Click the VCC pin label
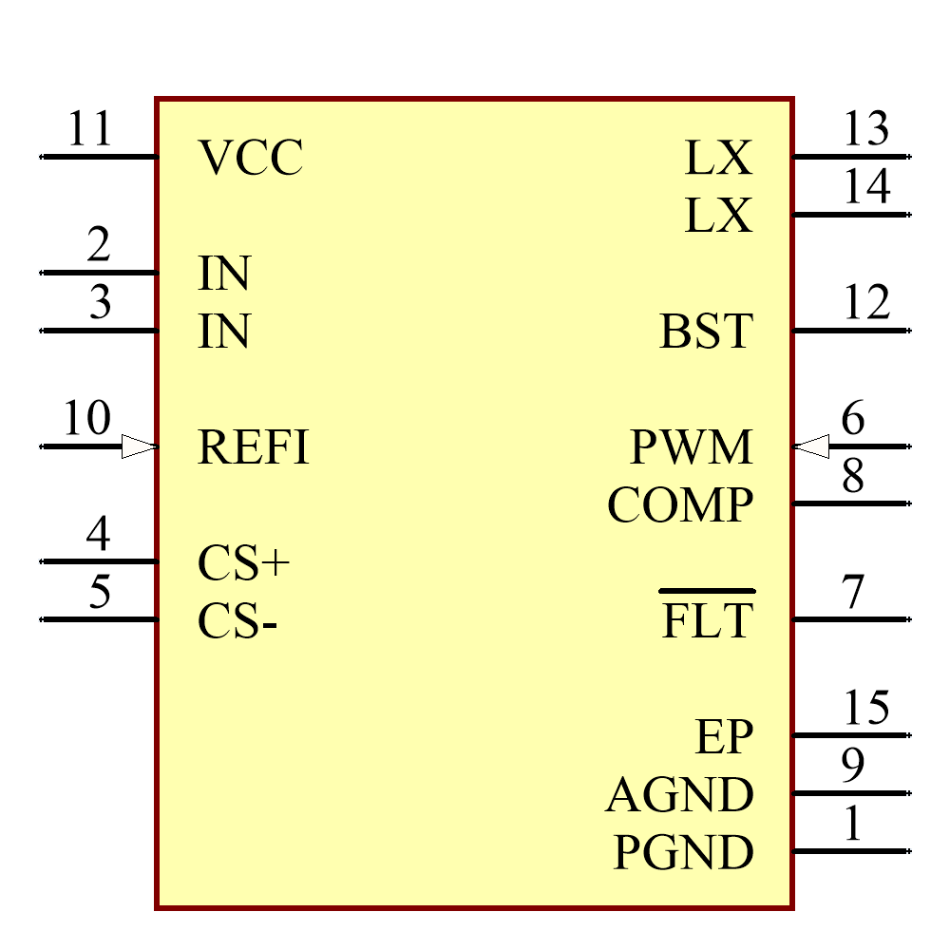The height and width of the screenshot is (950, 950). pyautogui.click(x=251, y=159)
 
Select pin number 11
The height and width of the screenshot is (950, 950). pyautogui.click(x=90, y=129)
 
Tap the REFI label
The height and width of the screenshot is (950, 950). pyautogui.click(x=254, y=447)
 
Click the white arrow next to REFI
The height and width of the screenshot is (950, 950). pyautogui.click(x=139, y=446)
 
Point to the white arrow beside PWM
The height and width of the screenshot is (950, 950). pyautogui.click(x=811, y=446)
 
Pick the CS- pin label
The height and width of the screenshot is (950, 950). pyautogui.click(x=237, y=622)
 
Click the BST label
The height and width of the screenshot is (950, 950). pyautogui.click(x=706, y=332)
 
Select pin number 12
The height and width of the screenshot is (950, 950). pyautogui.click(x=866, y=303)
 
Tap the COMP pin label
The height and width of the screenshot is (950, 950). pyautogui.click(x=680, y=505)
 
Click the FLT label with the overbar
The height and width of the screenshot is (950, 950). pyautogui.click(x=708, y=619)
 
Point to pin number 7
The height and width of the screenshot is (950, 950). pyautogui.click(x=853, y=594)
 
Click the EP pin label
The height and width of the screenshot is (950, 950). pyautogui.click(x=725, y=737)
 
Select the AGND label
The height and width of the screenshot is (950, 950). pyautogui.click(x=680, y=795)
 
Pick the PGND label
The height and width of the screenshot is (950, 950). pyautogui.click(x=684, y=852)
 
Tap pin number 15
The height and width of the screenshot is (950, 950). pyautogui.click(x=866, y=708)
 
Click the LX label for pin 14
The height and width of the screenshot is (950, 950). pyautogui.click(x=718, y=217)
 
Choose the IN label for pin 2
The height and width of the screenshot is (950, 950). pyautogui.click(x=224, y=275)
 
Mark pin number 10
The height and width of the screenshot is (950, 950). pyautogui.click(x=86, y=419)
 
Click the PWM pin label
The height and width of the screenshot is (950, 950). pyautogui.click(x=692, y=447)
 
